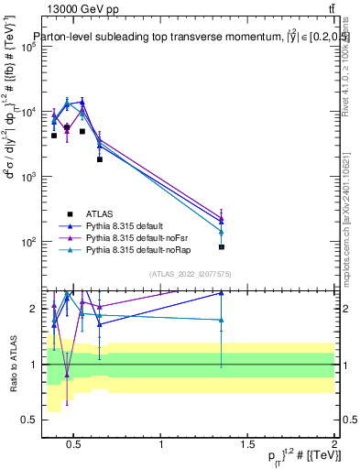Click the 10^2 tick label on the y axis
pyautogui.click(x=27, y=243)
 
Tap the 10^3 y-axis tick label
pyautogui.click(x=27, y=177)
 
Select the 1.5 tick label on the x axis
pyautogui.click(x=247, y=445)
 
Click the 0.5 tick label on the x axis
pyautogui.click(x=75, y=445)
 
